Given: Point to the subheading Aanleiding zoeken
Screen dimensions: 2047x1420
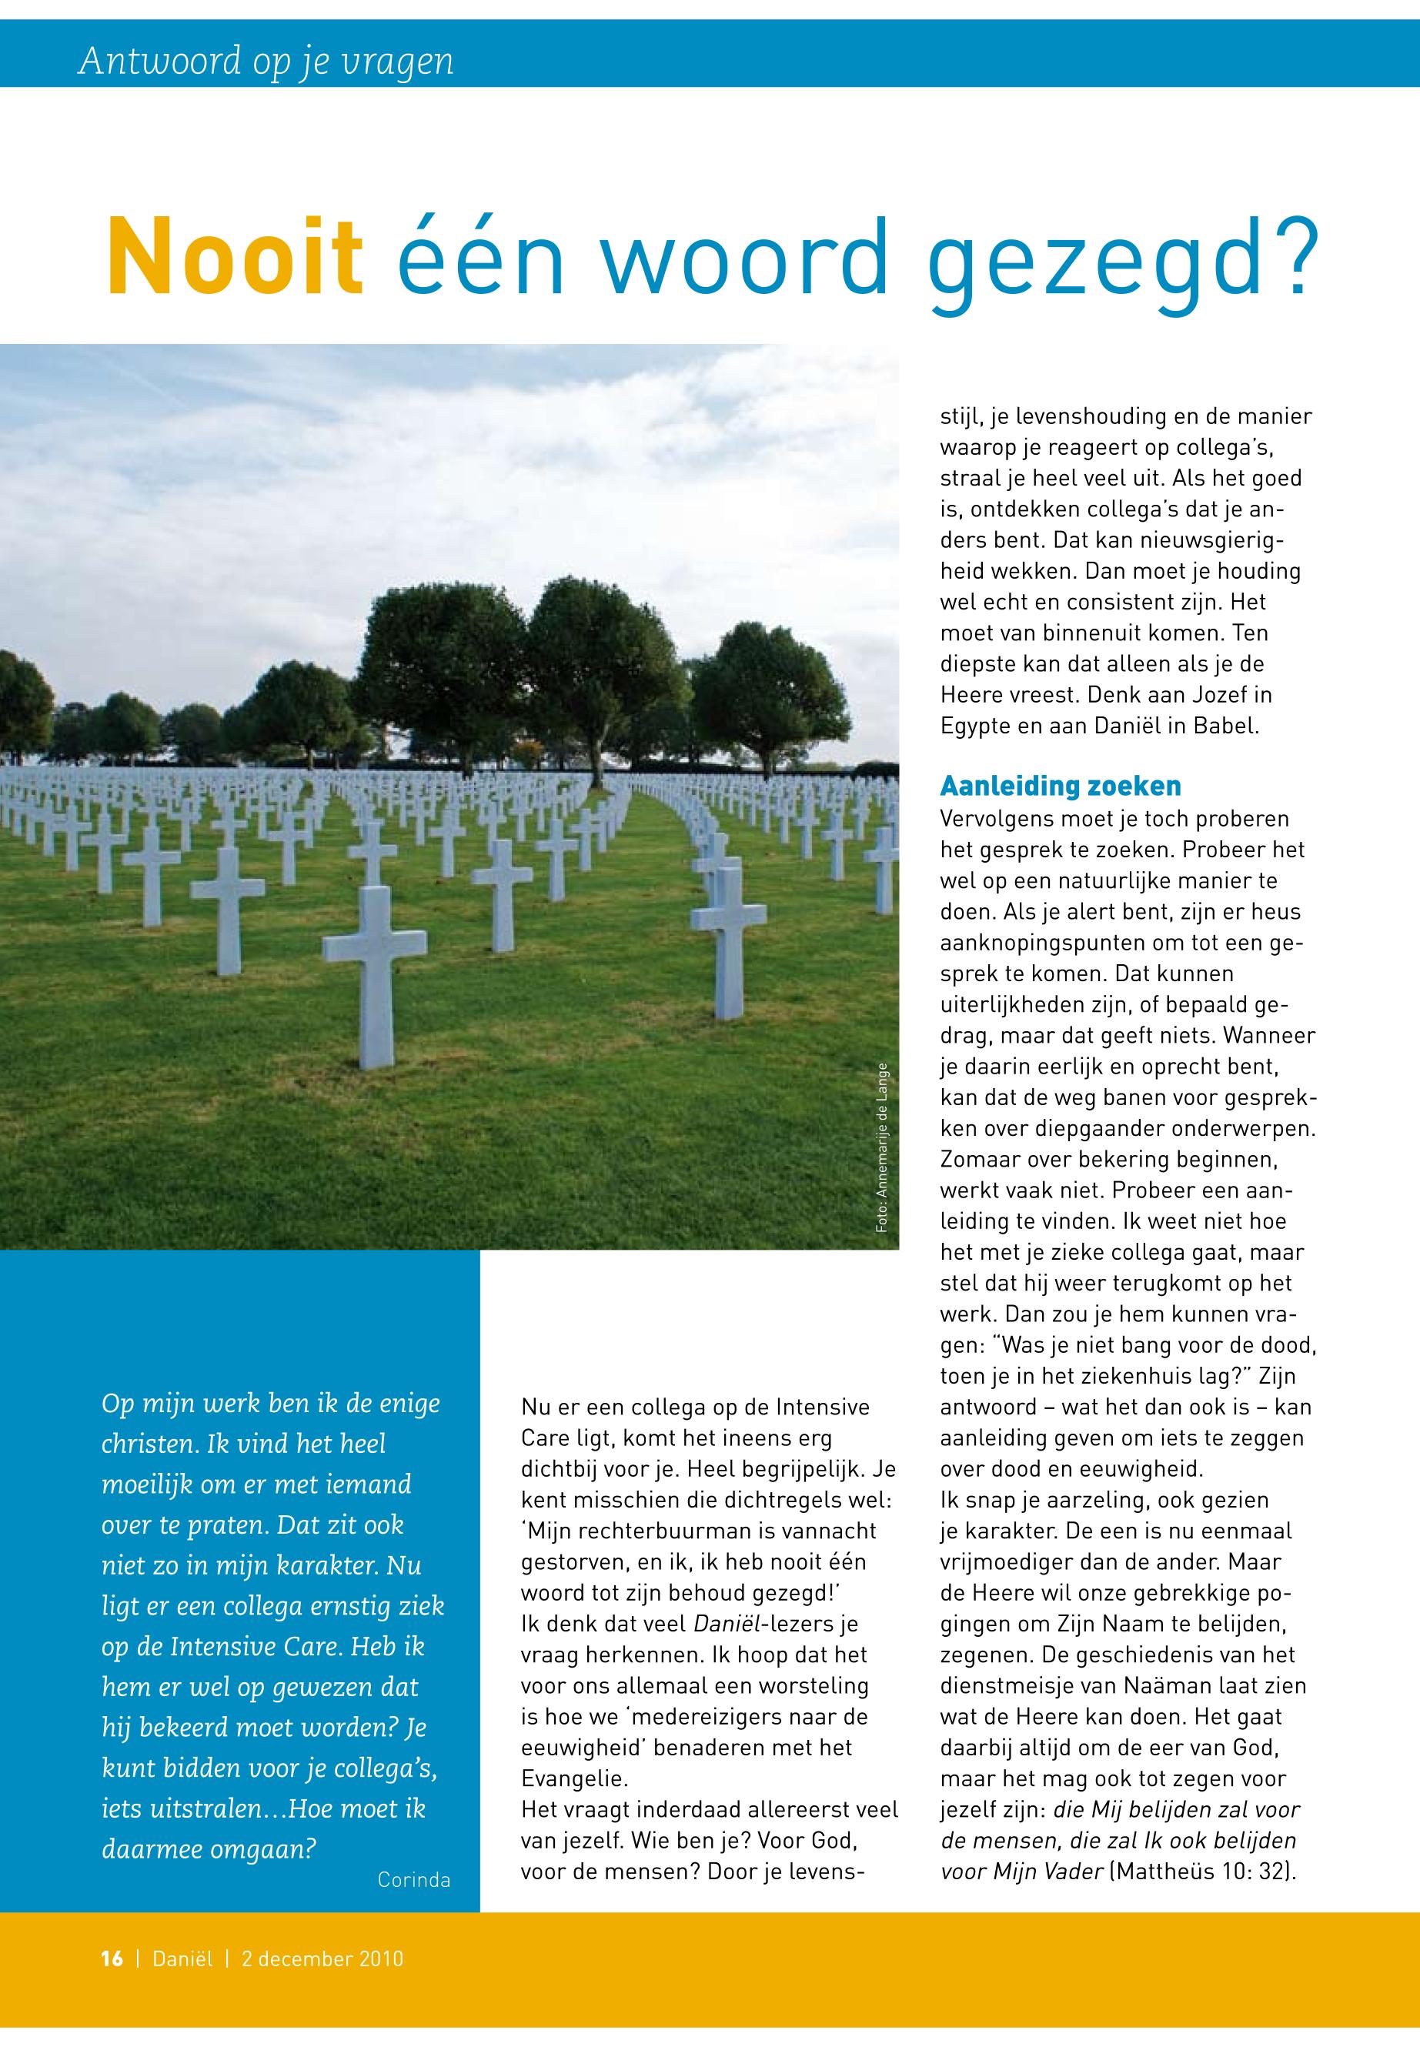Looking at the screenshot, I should [1061, 786].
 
